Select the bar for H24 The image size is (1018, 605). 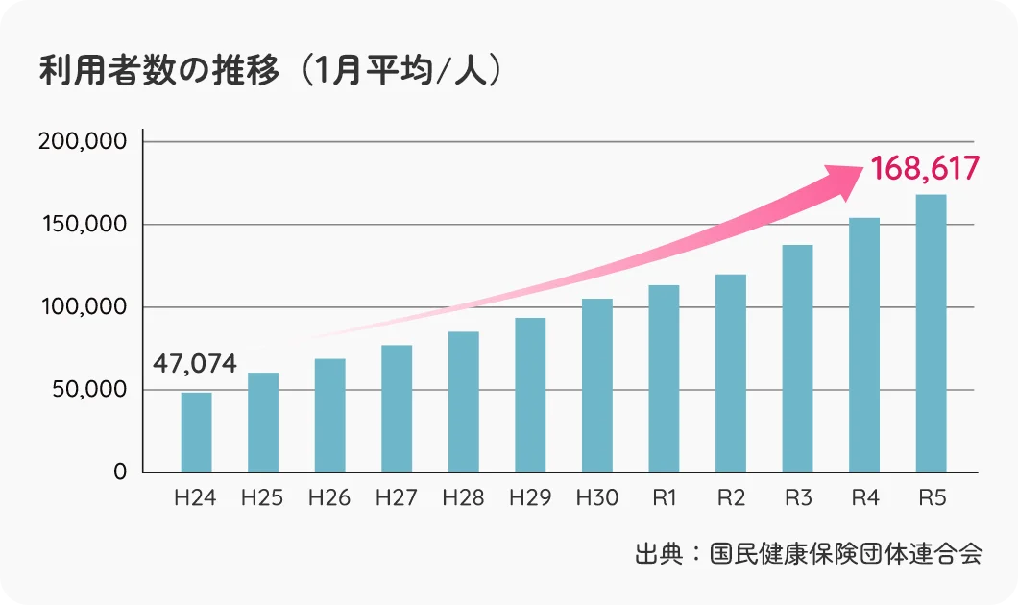196,432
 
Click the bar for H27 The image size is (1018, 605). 397,408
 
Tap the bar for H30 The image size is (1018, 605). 596,385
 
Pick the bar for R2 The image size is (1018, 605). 731,374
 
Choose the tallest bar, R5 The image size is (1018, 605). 931,333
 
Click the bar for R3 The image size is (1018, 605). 797,358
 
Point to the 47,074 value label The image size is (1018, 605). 195,364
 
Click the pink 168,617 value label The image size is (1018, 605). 925,169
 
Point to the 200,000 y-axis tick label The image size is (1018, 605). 82,141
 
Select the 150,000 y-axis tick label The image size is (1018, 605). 82,224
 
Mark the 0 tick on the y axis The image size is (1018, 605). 120,472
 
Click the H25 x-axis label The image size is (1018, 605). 262,498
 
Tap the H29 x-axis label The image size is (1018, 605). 530,498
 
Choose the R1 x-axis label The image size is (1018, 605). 664,498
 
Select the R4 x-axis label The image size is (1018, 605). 864,498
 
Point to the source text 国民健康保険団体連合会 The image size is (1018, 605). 846,554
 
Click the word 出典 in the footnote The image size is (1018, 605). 657,554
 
